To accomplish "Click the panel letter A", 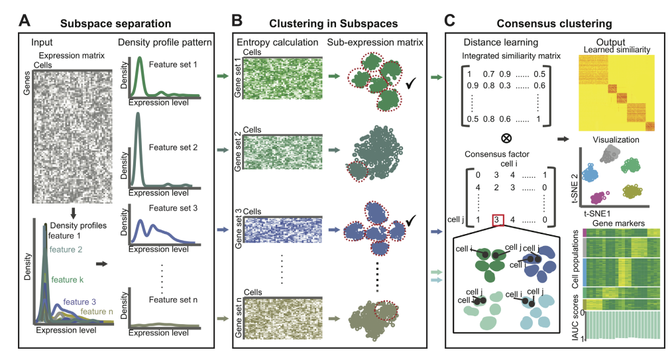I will coord(25,20).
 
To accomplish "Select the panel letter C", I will coord(449,20).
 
